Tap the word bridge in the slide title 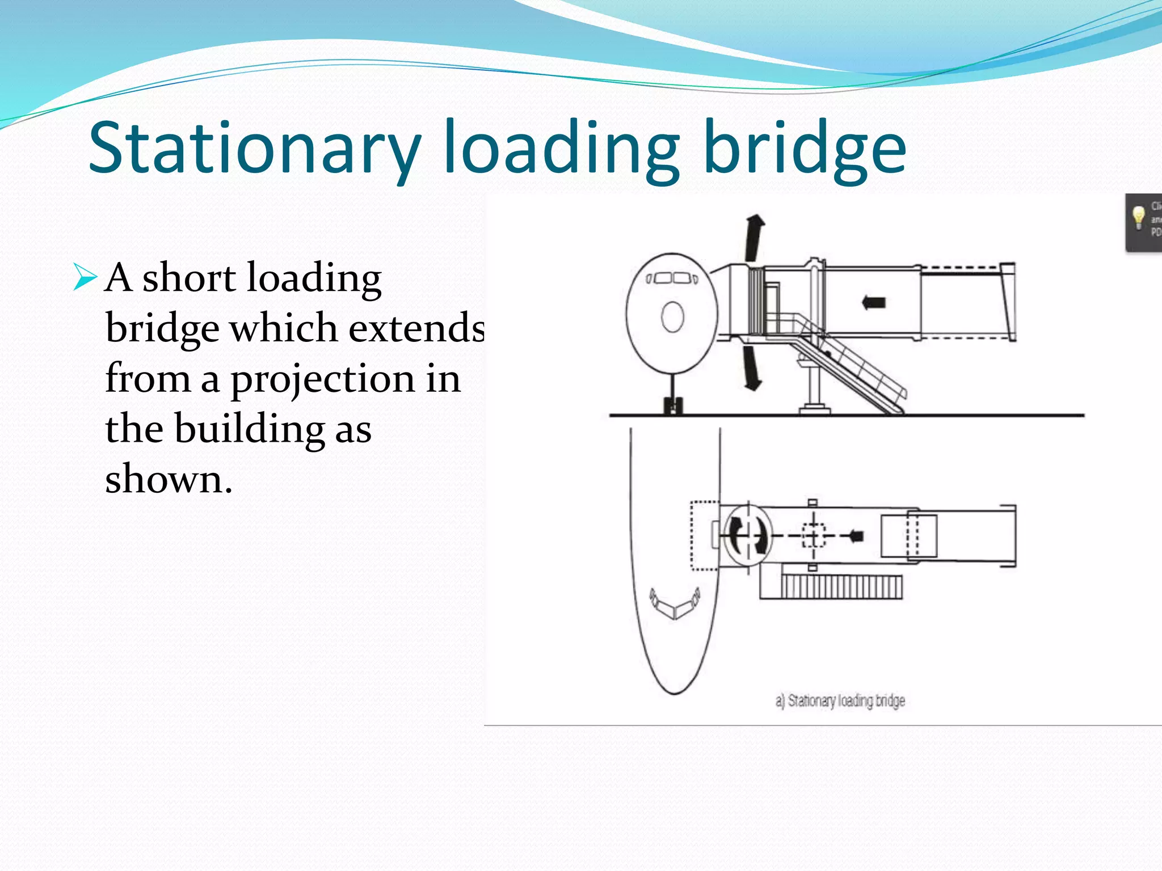click(x=804, y=149)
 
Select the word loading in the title click(x=561, y=149)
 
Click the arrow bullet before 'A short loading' click(x=85, y=278)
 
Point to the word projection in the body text click(x=322, y=379)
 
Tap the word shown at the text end click(x=168, y=479)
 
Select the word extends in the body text click(x=416, y=328)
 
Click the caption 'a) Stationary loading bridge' click(x=840, y=701)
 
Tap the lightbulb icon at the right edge click(x=1138, y=218)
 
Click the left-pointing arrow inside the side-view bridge click(x=874, y=302)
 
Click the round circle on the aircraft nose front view click(x=673, y=317)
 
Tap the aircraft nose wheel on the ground click(x=672, y=406)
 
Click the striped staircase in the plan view click(x=841, y=586)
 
